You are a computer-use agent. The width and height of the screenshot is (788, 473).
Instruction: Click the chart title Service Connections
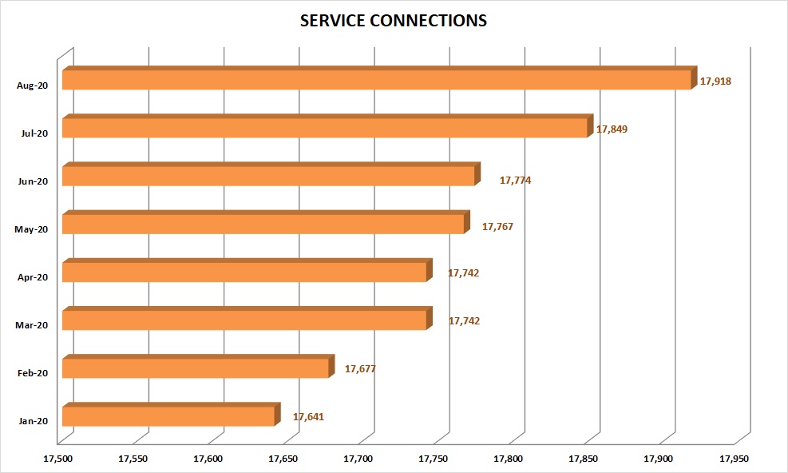tap(393, 22)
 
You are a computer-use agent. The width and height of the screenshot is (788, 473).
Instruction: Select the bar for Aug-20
tap(376, 80)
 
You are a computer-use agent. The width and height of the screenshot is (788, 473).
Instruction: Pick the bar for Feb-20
tap(196, 368)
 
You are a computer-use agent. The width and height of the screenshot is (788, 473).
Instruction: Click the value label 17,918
tap(715, 81)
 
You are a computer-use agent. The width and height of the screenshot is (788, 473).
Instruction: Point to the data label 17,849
tap(612, 129)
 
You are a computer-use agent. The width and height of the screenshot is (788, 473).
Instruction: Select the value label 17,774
tap(515, 181)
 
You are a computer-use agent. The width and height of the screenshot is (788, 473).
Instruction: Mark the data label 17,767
tap(497, 227)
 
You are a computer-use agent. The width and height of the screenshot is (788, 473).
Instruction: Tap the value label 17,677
tap(360, 369)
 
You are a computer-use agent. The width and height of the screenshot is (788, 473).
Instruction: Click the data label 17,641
tap(308, 417)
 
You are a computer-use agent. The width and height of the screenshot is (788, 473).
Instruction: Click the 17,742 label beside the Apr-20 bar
tap(463, 273)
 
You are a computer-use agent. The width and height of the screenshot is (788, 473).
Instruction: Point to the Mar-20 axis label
tap(32, 325)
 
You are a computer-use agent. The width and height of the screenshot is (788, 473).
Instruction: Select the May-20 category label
tap(32, 229)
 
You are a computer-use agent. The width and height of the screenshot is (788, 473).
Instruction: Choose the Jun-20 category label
tap(32, 181)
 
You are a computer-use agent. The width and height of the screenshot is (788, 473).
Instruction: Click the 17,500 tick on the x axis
tap(58, 459)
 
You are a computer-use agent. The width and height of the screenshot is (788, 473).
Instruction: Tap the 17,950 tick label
tap(735, 459)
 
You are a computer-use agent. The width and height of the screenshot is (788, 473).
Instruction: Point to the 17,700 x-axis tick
tap(358, 459)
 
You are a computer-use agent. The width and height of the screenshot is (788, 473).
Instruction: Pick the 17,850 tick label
tap(584, 459)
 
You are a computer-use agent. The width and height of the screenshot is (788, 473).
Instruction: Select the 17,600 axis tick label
tap(208, 459)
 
